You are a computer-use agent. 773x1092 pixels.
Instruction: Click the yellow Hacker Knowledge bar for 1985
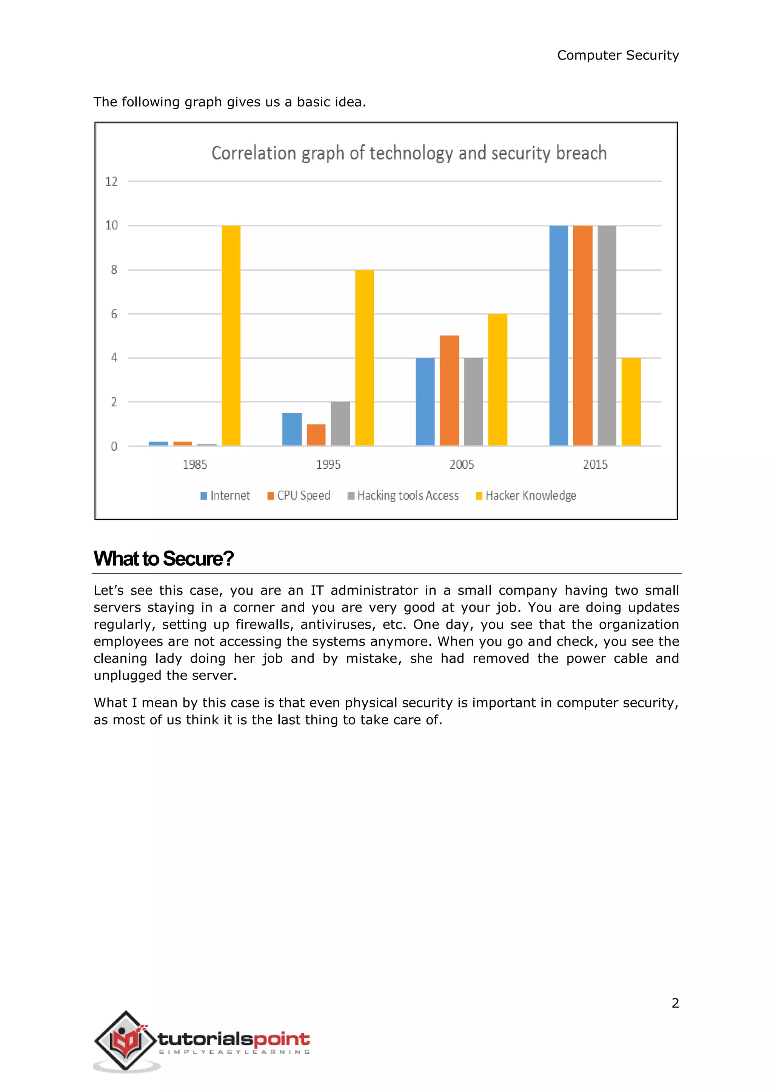click(x=231, y=335)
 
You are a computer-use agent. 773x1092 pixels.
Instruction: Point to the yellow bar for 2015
click(x=631, y=402)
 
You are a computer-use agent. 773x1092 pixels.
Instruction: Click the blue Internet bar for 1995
click(x=292, y=429)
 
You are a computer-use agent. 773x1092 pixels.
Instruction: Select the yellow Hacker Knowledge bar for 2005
click(x=497, y=380)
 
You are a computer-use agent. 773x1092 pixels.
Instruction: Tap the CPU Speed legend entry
click(x=299, y=495)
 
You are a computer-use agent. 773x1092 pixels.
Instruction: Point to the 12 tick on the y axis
click(x=111, y=182)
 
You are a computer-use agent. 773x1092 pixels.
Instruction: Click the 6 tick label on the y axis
click(x=114, y=314)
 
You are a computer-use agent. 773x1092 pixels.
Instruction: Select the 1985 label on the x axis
click(x=195, y=465)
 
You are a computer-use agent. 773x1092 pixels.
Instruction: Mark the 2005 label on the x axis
click(x=462, y=465)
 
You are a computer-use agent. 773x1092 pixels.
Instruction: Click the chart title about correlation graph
click(x=409, y=153)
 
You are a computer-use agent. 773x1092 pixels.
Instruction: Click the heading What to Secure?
click(x=163, y=558)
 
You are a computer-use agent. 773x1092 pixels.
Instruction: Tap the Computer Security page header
click(x=617, y=55)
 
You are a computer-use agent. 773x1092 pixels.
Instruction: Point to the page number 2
click(x=675, y=1003)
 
